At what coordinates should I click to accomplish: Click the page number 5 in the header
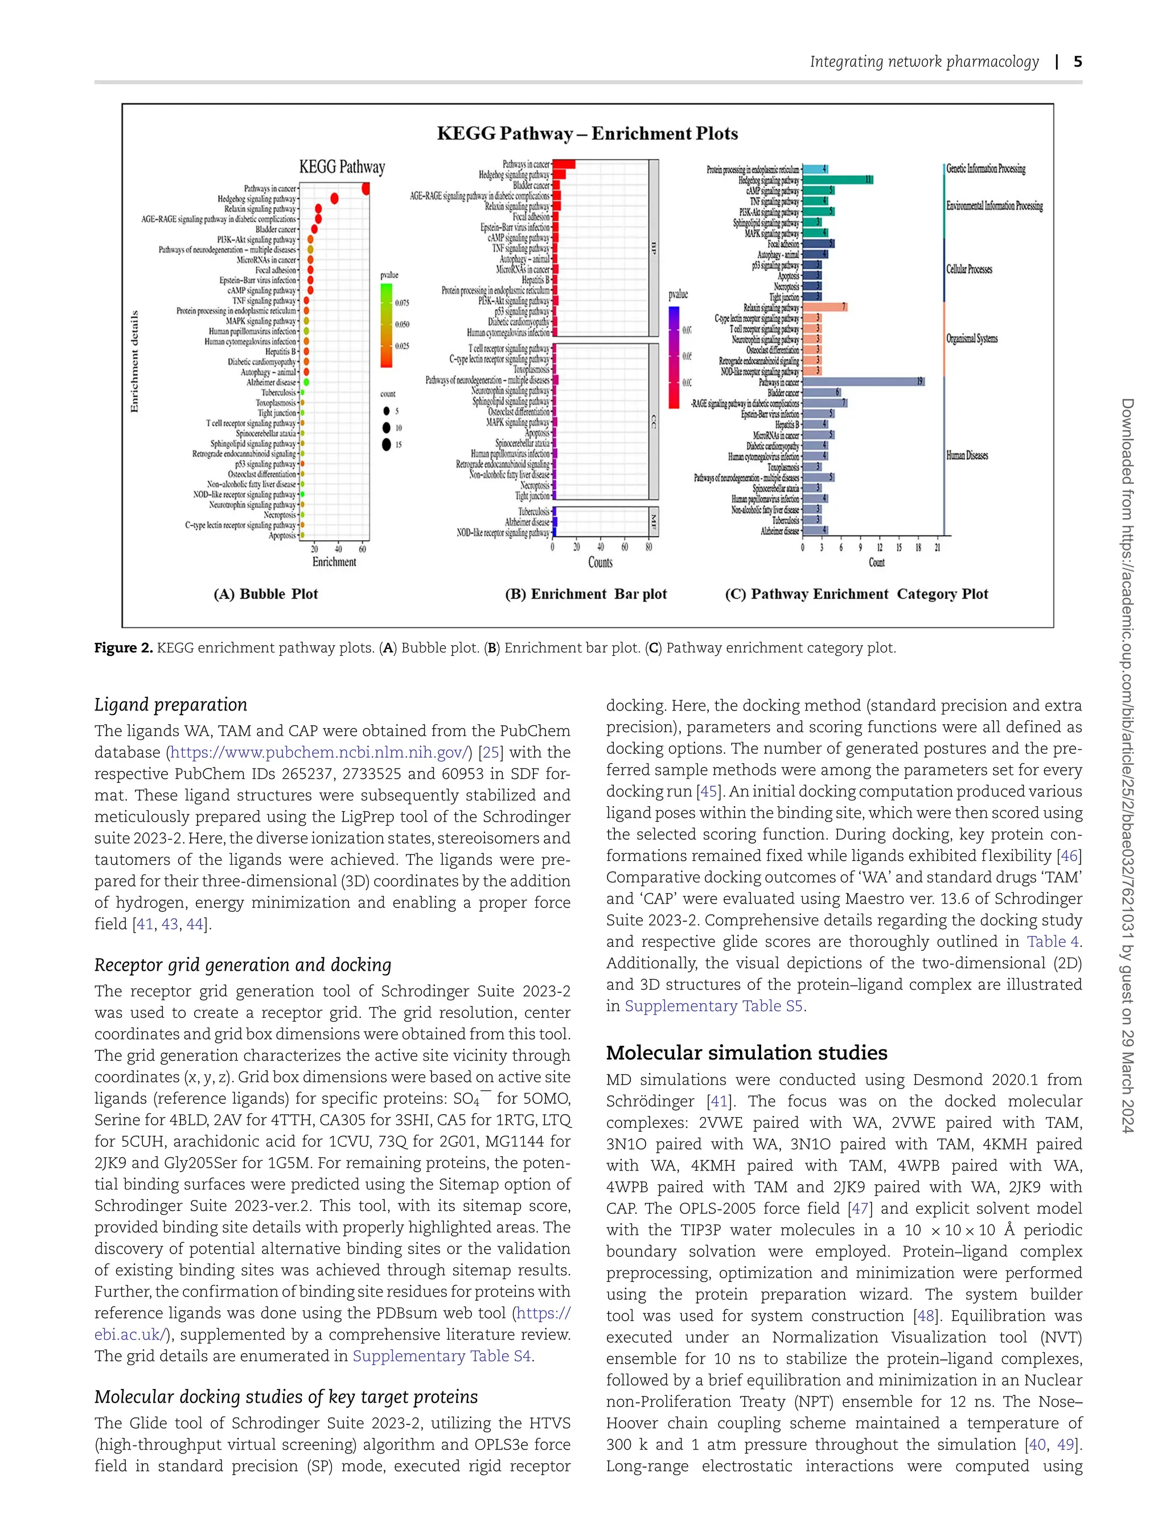(x=1077, y=61)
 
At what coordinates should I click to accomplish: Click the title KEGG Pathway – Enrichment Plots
(x=587, y=133)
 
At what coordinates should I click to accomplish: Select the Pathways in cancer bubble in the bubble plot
(x=366, y=189)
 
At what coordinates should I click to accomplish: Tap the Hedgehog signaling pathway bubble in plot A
(x=335, y=199)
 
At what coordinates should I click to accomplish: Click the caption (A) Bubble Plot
(x=266, y=594)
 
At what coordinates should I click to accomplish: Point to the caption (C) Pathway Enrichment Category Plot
(x=856, y=594)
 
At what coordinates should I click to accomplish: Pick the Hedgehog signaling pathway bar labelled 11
(x=836, y=180)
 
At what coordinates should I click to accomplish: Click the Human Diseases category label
(x=967, y=456)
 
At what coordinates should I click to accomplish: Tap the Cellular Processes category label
(x=969, y=269)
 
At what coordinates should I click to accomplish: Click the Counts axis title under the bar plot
(x=600, y=562)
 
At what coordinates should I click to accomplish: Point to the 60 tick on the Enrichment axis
(x=362, y=549)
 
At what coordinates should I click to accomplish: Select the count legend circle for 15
(x=387, y=444)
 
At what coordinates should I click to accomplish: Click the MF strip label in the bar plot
(x=653, y=521)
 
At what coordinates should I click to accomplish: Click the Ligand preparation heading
(x=171, y=705)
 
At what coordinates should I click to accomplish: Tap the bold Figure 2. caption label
(x=124, y=648)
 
